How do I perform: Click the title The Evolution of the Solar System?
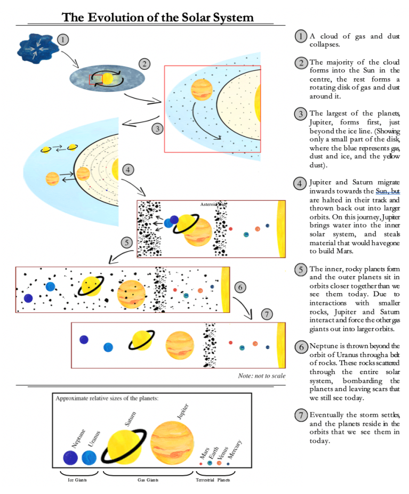(x=158, y=17)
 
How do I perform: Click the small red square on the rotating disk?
(x=95, y=79)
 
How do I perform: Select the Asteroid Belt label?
(x=213, y=204)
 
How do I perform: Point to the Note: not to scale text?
(x=261, y=376)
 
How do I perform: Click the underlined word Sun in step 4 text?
(x=382, y=191)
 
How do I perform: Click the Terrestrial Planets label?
(x=213, y=480)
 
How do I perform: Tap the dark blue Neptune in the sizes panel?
(x=71, y=458)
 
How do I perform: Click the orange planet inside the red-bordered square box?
(x=199, y=89)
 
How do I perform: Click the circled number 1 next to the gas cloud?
(x=63, y=39)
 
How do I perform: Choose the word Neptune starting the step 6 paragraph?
(x=323, y=346)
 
